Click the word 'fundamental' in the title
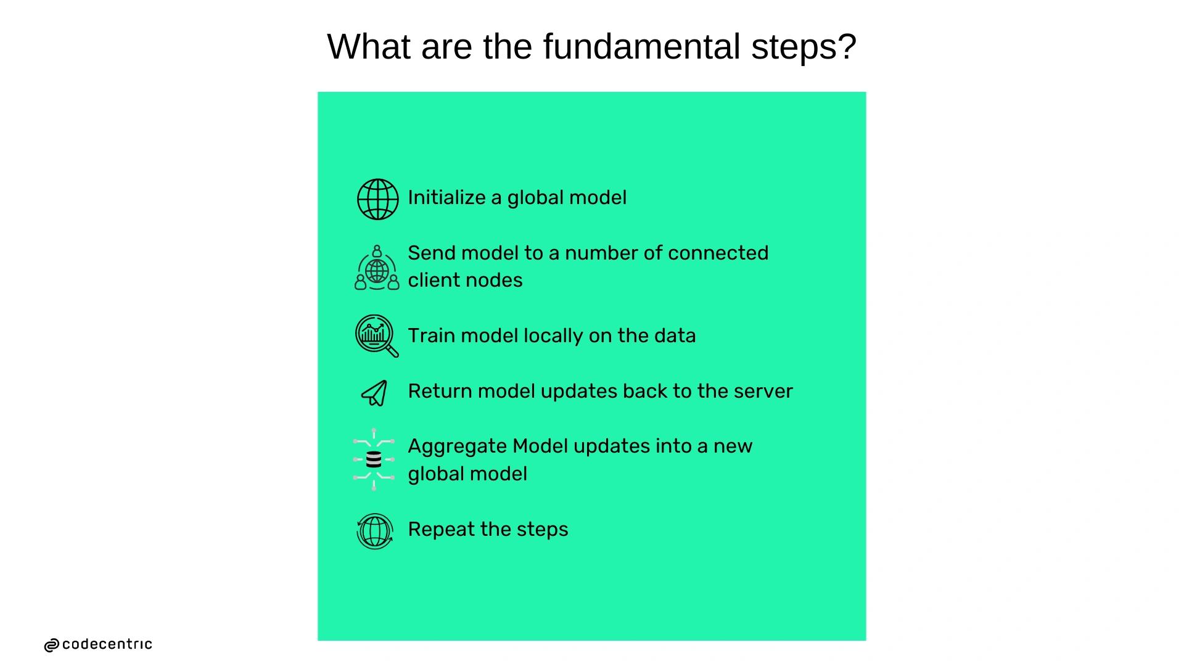click(641, 46)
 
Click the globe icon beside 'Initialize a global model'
click(377, 199)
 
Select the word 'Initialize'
click(446, 197)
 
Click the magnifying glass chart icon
click(377, 336)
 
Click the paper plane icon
click(374, 393)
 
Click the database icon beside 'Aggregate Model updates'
click(374, 459)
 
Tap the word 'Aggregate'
click(457, 446)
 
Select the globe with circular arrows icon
click(375, 531)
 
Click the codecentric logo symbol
click(52, 645)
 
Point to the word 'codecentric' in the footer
click(107, 644)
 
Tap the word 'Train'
click(432, 335)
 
